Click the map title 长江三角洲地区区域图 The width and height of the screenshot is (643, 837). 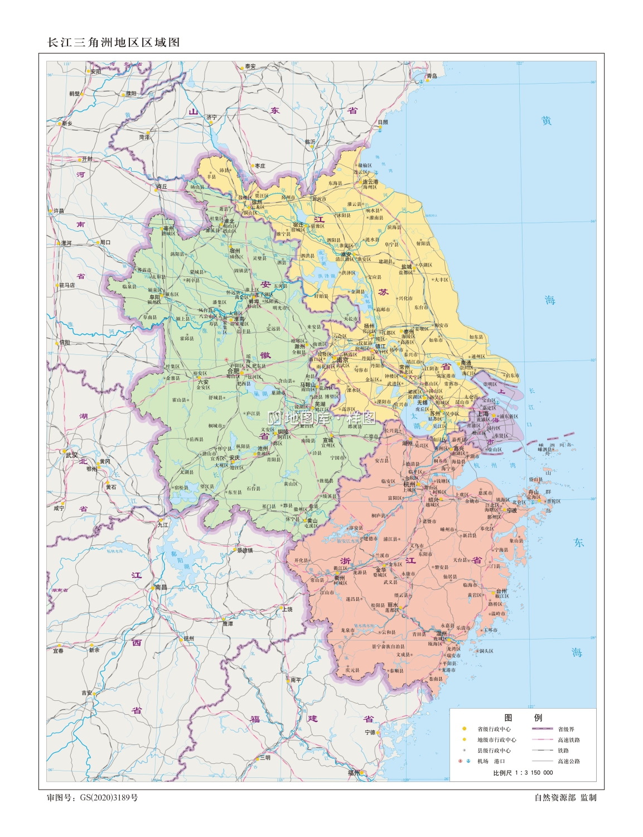click(114, 42)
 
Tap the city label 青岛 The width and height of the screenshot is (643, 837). click(432, 76)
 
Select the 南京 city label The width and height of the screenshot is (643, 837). click(342, 360)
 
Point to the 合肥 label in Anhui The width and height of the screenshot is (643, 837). click(233, 371)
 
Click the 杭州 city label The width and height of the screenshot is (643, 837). click(409, 484)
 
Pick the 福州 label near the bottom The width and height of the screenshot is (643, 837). click(354, 773)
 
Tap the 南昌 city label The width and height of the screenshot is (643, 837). click(161, 587)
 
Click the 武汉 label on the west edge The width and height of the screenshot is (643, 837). click(72, 455)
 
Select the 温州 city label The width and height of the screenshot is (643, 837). click(441, 633)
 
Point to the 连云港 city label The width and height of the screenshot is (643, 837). click(370, 182)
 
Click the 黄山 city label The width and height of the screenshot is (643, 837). click(312, 521)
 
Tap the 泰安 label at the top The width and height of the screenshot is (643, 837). click(250, 66)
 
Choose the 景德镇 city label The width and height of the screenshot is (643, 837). click(245, 550)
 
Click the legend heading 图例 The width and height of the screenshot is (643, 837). click(523, 718)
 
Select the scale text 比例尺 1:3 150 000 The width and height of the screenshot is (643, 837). click(523, 773)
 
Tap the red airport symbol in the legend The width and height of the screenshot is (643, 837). click(461, 761)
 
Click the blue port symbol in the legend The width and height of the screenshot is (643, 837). click(468, 761)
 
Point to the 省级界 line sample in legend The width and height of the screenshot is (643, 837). click(542, 729)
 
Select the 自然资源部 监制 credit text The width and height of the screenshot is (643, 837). click(565, 797)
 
